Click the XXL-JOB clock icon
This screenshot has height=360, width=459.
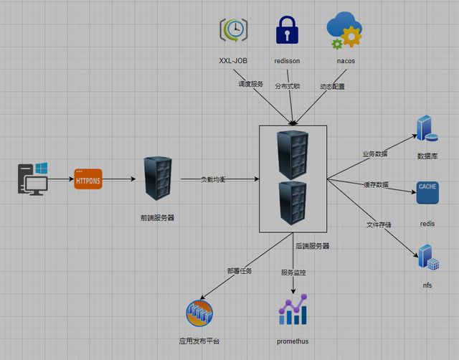point(233,31)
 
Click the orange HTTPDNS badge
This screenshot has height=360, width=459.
point(88,179)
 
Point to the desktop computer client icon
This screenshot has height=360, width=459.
point(33,179)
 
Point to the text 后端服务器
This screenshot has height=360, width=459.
point(313,245)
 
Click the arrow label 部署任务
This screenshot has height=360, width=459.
point(240,271)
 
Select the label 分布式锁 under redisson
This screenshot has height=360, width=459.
point(288,86)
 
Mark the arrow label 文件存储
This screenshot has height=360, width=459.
point(379,225)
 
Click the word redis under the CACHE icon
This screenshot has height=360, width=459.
point(427,224)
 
